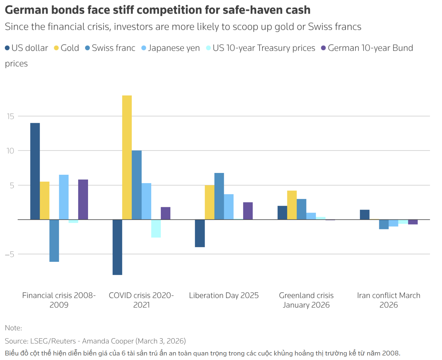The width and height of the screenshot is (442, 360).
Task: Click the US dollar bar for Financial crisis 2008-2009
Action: (35, 171)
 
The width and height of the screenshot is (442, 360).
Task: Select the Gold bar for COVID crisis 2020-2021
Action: (127, 157)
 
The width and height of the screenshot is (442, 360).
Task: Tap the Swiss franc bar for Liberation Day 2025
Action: (219, 196)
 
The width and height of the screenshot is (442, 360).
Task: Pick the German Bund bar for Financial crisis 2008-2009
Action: (83, 199)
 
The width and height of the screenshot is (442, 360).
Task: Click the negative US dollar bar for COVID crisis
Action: (117, 247)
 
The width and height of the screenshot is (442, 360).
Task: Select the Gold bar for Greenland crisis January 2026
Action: (292, 205)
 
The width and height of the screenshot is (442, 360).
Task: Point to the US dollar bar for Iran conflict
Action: (364, 215)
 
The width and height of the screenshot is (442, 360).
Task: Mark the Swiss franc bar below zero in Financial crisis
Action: (54, 241)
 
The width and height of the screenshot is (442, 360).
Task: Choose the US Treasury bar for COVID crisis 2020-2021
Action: (156, 228)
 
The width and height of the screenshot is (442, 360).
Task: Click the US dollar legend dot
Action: (8, 48)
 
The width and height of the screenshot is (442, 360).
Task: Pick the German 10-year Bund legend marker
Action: (324, 48)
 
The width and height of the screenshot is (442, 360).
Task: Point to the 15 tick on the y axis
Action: (11, 116)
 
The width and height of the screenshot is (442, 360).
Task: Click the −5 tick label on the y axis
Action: (10, 254)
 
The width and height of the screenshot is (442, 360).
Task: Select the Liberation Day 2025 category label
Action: (224, 295)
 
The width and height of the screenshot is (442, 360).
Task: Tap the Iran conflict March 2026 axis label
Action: (389, 300)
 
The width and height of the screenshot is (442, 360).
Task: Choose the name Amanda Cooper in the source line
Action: (108, 341)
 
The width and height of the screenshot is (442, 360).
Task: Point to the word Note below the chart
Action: (13, 328)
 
